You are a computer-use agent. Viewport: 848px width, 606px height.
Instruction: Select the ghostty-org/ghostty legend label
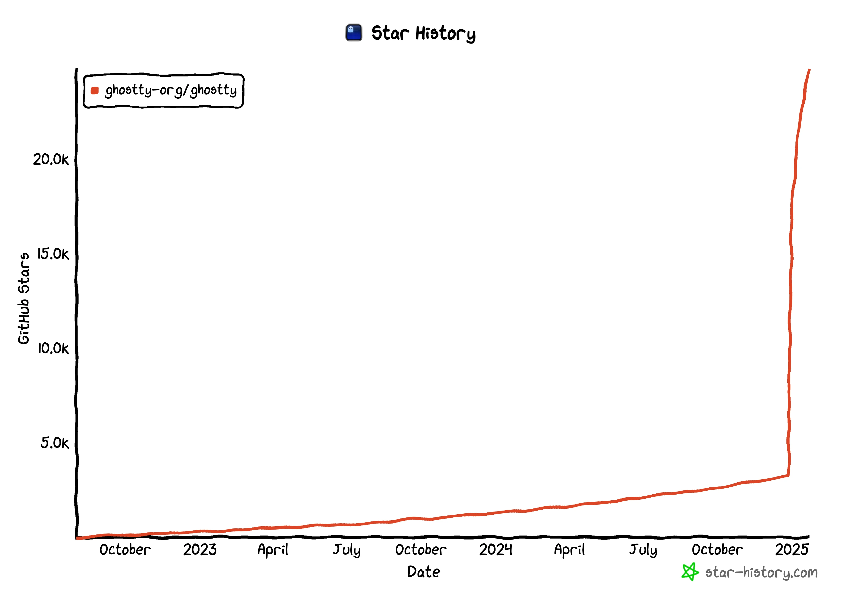point(171,90)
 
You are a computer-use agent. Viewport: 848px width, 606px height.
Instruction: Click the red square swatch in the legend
point(95,90)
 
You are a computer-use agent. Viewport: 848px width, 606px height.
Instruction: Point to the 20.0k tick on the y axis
point(51,159)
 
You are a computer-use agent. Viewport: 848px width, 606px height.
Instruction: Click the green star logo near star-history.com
point(690,572)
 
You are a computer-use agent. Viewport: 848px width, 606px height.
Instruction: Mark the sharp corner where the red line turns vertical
point(788,475)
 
